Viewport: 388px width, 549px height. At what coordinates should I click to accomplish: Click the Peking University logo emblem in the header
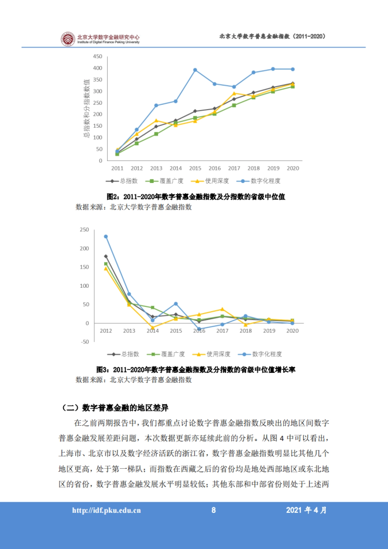(68, 39)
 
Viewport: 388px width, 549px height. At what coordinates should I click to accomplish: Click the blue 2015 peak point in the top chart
(195, 70)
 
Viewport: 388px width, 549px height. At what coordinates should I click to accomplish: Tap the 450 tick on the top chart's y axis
(98, 57)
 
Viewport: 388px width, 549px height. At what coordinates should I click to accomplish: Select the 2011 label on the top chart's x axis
(117, 168)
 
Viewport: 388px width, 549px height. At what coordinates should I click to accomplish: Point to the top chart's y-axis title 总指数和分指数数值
(86, 108)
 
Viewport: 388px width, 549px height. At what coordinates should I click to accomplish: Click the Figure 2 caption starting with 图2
(196, 197)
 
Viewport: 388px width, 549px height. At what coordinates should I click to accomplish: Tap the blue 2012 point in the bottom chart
(106, 237)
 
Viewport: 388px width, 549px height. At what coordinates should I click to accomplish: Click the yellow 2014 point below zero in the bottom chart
(153, 328)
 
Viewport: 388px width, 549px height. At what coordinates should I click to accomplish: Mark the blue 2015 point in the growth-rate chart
(176, 304)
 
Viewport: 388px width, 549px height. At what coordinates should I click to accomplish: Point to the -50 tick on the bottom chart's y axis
(85, 342)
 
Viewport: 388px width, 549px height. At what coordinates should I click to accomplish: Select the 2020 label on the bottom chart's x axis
(292, 331)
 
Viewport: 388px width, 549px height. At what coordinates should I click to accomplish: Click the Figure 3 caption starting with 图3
(196, 370)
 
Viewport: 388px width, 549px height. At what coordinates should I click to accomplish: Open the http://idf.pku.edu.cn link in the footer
(106, 511)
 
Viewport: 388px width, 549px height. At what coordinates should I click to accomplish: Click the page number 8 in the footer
(213, 510)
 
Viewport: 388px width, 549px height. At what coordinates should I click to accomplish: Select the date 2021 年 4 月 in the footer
(306, 510)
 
